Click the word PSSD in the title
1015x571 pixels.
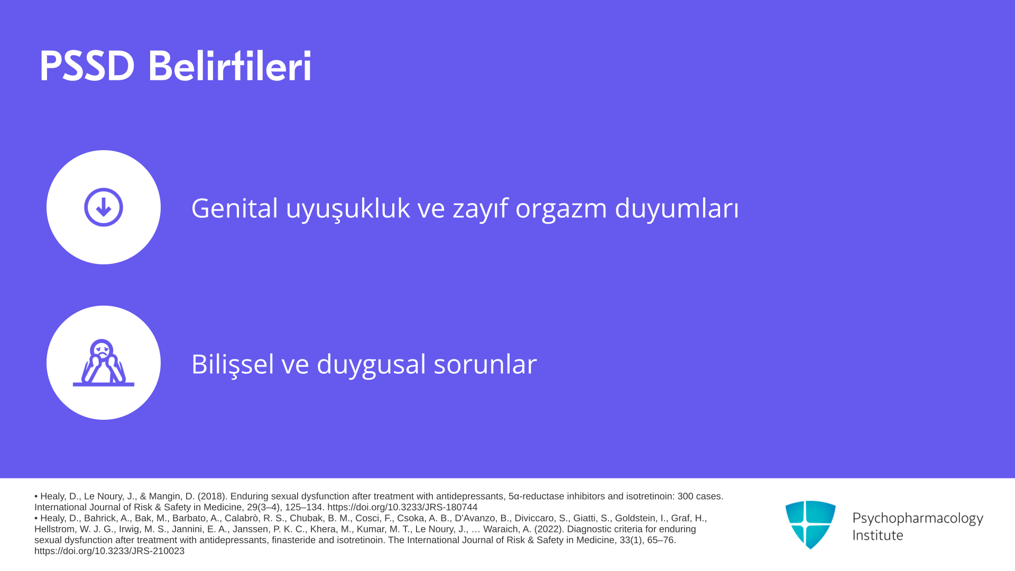point(87,66)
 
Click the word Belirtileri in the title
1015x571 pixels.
point(230,66)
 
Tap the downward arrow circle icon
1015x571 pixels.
point(104,207)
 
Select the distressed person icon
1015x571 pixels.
point(104,363)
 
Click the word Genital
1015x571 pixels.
point(235,208)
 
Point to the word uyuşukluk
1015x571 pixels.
point(348,208)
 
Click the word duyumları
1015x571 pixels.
point(677,208)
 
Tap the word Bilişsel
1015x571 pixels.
point(233,364)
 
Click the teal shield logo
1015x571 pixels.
point(810,524)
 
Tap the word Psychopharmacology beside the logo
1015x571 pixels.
point(918,518)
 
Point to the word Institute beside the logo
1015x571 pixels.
point(878,535)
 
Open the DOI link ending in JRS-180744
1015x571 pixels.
point(402,507)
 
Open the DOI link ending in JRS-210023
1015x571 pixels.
point(109,551)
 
